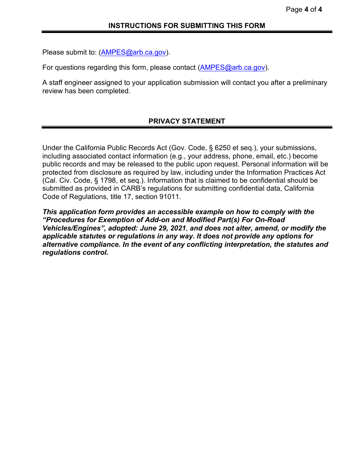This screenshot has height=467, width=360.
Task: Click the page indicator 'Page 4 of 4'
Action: (304, 9)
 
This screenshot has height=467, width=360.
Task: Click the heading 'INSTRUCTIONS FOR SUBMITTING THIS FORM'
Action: (186, 26)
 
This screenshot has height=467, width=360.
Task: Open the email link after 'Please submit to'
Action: (133, 53)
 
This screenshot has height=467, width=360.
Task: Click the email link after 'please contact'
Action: (232, 68)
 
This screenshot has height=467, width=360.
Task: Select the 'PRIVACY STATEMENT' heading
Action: (186, 121)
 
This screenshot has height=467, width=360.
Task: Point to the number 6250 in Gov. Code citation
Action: (222, 148)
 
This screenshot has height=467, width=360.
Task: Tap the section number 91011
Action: (170, 197)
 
